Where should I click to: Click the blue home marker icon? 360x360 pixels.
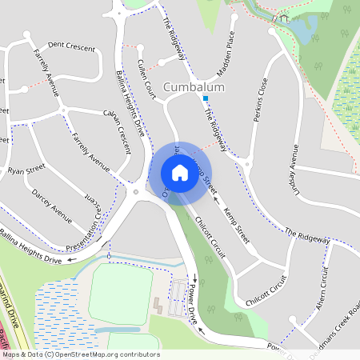tap(180, 172)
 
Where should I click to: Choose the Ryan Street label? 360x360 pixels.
tap(26, 170)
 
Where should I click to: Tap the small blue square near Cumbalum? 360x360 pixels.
tap(206, 98)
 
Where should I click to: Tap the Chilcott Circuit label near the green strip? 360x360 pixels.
tap(210, 240)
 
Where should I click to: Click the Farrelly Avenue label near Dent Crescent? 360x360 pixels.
tap(46, 71)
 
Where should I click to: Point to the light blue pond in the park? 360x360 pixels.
tap(299, 30)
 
